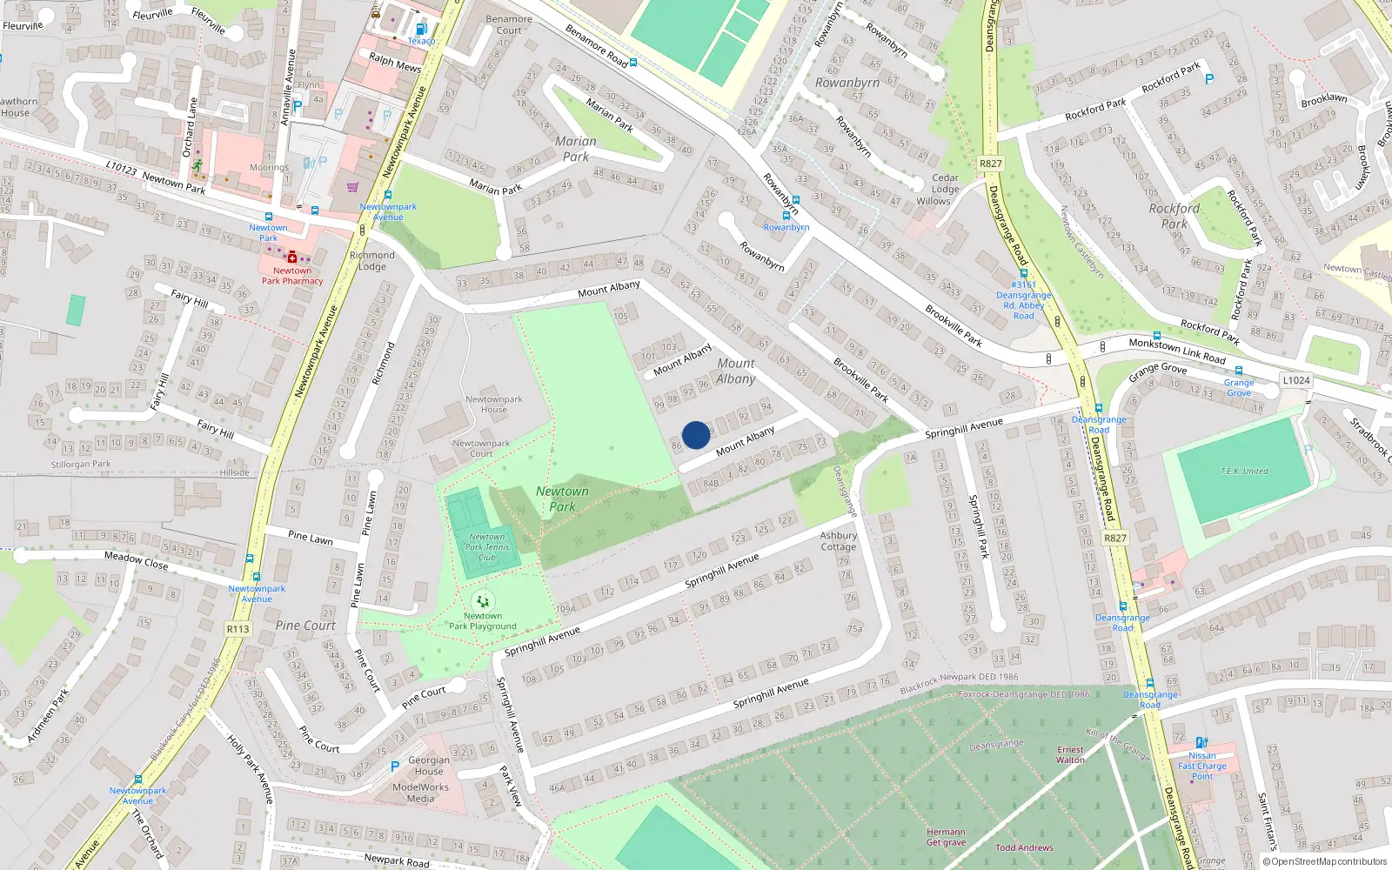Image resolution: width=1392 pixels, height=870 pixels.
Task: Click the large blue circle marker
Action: point(695,435)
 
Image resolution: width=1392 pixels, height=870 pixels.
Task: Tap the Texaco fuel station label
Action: point(421,41)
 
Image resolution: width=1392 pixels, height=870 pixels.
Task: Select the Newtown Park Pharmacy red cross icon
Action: point(292,258)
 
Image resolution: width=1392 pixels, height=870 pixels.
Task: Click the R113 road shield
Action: point(238,629)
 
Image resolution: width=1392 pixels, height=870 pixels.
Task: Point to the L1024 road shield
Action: point(1295,380)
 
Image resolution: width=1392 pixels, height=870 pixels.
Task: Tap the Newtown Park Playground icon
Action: point(482,601)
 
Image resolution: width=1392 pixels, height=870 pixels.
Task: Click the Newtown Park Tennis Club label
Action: point(487,547)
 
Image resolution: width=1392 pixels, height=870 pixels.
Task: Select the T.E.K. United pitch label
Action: point(1244,472)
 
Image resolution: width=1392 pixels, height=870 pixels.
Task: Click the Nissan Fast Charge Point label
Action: point(1202,766)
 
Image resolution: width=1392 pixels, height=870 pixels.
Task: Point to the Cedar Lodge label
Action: point(945,183)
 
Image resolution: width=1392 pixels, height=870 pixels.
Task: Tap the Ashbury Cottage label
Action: point(838,541)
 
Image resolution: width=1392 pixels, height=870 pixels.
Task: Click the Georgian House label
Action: point(429,766)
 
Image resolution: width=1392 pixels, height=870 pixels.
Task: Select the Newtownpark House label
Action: point(493,405)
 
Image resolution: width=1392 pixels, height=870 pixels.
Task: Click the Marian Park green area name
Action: point(575,149)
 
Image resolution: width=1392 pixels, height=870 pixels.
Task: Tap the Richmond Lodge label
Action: point(371,261)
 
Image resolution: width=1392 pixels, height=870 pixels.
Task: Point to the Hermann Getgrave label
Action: point(946,837)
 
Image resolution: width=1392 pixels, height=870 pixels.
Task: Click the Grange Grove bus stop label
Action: point(1239,387)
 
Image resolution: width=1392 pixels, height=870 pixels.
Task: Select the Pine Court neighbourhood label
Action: point(305,626)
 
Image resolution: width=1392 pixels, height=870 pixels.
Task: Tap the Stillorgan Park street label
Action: point(81,465)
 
